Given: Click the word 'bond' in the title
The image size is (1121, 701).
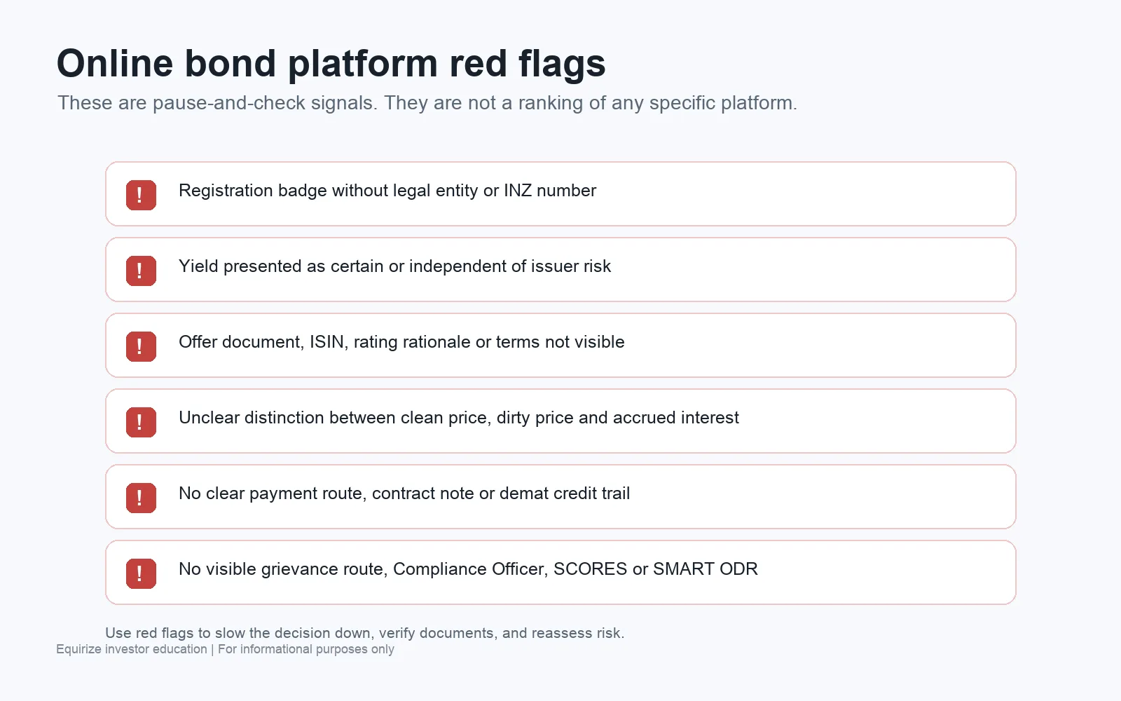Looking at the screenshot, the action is coord(231,63).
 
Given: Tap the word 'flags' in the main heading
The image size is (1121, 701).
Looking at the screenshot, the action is coord(562,64).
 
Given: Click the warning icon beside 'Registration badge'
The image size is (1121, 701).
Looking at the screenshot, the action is coord(141,195).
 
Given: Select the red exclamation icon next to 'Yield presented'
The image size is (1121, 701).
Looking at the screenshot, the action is coord(141,271).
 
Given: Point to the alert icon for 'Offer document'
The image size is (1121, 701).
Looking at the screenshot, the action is coord(141,346).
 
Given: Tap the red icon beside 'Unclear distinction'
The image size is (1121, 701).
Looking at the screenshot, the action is coord(141,421).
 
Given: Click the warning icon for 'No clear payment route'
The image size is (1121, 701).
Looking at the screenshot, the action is coord(141,497).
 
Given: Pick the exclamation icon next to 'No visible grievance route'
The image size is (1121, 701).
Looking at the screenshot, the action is coord(141,573).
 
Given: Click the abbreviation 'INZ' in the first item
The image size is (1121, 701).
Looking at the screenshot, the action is coord(518,190).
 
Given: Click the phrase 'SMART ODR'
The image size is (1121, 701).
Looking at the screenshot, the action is coord(705,569).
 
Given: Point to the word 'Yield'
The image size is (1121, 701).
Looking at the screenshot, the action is coord(198,266).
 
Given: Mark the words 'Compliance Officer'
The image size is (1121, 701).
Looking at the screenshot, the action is coord(470,569).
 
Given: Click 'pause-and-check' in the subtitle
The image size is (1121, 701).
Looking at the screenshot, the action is coord(229,103).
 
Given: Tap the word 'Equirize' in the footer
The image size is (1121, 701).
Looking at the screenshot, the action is coord(78,649).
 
